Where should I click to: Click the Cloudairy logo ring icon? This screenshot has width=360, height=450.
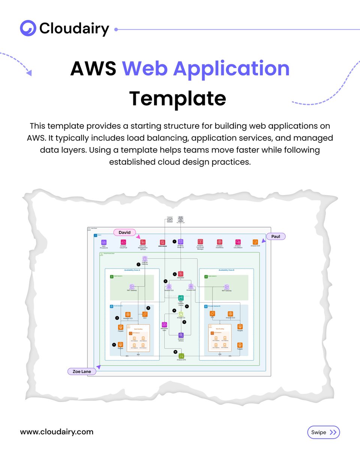[x=28, y=28]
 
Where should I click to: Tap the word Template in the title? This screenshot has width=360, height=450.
[x=178, y=98]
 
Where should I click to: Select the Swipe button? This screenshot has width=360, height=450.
[x=323, y=432]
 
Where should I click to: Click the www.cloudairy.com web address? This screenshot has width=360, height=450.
[x=57, y=432]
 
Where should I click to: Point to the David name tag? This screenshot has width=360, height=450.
[x=124, y=232]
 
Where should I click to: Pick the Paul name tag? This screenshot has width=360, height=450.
[x=276, y=237]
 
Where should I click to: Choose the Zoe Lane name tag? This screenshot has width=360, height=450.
[x=81, y=371]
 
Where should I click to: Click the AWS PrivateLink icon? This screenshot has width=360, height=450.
[x=104, y=243]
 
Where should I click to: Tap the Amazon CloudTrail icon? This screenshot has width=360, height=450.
[x=123, y=243]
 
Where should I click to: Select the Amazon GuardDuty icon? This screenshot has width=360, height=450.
[x=219, y=242]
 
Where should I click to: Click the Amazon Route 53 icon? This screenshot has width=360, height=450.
[x=180, y=242]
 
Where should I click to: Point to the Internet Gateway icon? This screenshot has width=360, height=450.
[x=145, y=258]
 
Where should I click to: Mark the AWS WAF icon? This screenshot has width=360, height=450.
[x=180, y=274]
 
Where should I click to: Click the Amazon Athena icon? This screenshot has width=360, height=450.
[x=181, y=335]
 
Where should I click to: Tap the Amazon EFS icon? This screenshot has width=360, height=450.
[x=181, y=355]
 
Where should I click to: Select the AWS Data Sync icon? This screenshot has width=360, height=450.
[x=164, y=324]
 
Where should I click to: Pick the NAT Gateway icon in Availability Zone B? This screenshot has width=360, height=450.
[x=226, y=287]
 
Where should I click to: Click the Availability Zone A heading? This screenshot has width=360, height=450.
[x=132, y=270]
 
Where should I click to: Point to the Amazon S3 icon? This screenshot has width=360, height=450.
[x=181, y=314]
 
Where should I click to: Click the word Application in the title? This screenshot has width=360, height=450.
[x=206, y=69]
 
